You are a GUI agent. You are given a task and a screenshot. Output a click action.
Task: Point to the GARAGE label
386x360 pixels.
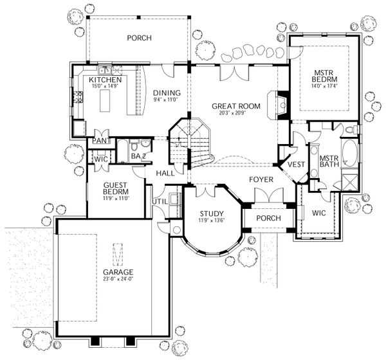(x=116, y=271)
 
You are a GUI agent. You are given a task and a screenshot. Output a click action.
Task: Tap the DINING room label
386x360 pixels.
(x=167, y=93)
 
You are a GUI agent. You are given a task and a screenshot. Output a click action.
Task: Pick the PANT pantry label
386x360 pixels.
(x=100, y=140)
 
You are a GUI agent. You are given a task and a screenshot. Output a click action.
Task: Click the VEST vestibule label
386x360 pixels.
(x=295, y=165)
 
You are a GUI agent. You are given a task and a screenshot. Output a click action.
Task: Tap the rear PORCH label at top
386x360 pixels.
(x=138, y=38)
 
